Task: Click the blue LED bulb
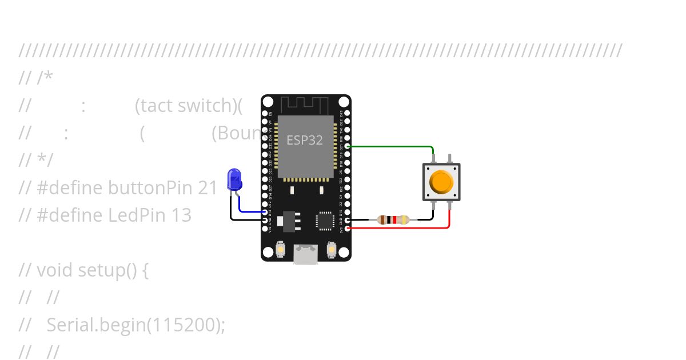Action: point(234,179)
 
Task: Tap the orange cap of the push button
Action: point(441,181)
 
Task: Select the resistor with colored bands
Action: point(393,219)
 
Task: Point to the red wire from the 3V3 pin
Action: point(400,228)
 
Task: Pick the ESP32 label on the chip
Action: point(305,140)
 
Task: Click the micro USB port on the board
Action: point(306,254)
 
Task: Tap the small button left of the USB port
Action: point(281,249)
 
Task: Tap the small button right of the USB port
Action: point(331,249)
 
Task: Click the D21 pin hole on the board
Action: point(347,146)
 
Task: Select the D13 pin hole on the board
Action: point(265,211)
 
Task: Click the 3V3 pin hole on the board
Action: point(347,228)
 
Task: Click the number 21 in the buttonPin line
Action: point(208,187)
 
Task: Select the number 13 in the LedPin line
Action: point(181,215)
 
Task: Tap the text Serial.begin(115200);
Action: point(136,325)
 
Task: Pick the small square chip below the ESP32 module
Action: point(324,221)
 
